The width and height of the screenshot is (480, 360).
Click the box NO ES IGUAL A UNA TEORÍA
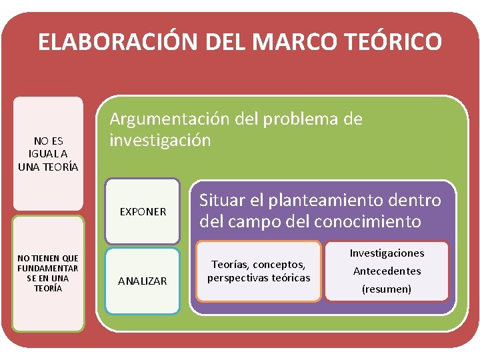point(49,153)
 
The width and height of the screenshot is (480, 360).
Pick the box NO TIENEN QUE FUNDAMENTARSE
point(49,273)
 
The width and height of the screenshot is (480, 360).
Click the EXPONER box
point(143,211)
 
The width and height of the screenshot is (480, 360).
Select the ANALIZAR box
point(143,281)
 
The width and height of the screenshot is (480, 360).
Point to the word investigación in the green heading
point(160,140)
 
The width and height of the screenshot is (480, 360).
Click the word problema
point(304,119)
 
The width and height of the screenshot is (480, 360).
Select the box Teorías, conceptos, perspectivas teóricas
point(259,271)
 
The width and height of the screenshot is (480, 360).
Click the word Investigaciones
point(387,253)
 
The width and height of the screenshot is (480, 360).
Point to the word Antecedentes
point(387,271)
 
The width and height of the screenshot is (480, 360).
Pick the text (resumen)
point(387,289)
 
